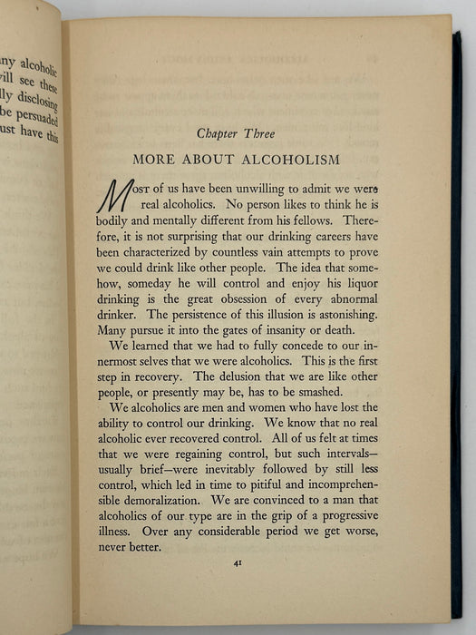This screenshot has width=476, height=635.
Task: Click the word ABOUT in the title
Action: click(212, 160)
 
